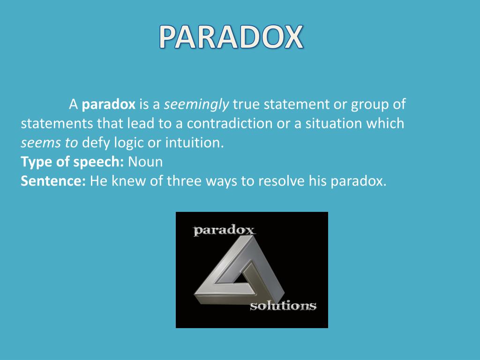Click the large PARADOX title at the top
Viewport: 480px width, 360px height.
pos(231,37)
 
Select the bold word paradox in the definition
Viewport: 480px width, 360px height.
pos(109,105)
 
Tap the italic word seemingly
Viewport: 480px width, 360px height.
pos(196,105)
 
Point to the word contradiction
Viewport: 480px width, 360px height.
pos(230,123)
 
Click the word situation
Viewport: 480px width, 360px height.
pos(334,123)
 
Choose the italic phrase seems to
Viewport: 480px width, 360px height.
pos(49,142)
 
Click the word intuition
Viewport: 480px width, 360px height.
pos(195,142)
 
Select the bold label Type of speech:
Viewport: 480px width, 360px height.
pos(72,162)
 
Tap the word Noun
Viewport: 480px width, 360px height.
pos(145,162)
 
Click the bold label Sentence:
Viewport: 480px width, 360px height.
pos(53,181)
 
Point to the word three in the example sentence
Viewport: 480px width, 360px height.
pos(184,181)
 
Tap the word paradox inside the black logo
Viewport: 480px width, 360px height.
pos(224,230)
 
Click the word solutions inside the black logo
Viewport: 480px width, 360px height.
pos(283,306)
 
